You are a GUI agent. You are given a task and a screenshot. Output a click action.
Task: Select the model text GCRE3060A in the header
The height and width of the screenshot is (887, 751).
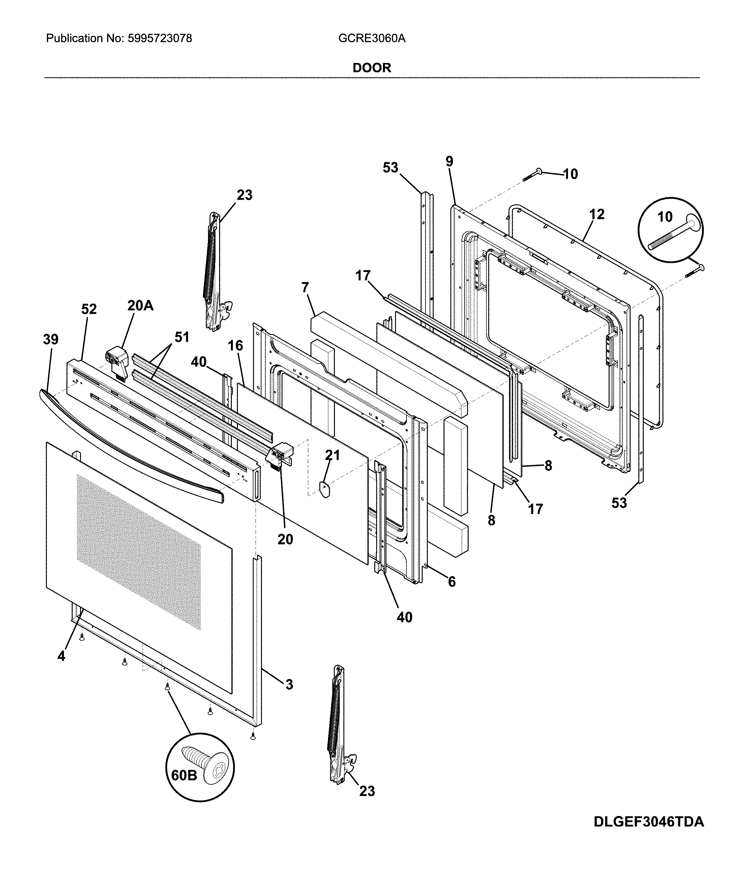[372, 39]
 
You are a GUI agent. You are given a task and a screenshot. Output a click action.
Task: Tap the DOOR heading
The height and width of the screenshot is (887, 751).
[372, 68]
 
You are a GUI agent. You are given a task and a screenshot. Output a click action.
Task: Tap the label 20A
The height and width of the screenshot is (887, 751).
[141, 305]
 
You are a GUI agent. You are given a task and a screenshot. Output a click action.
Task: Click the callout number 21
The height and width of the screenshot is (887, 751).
[332, 455]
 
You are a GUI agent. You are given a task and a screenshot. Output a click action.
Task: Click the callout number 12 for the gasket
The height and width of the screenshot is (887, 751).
[597, 214]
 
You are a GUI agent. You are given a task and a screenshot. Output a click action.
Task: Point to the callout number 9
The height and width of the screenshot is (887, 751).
[450, 162]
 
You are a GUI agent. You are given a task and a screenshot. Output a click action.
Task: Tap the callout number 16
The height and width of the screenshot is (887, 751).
[236, 345]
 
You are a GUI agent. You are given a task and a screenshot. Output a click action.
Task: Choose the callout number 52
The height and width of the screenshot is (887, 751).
[89, 309]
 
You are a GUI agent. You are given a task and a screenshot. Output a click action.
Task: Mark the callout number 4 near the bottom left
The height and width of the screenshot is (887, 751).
[61, 657]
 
